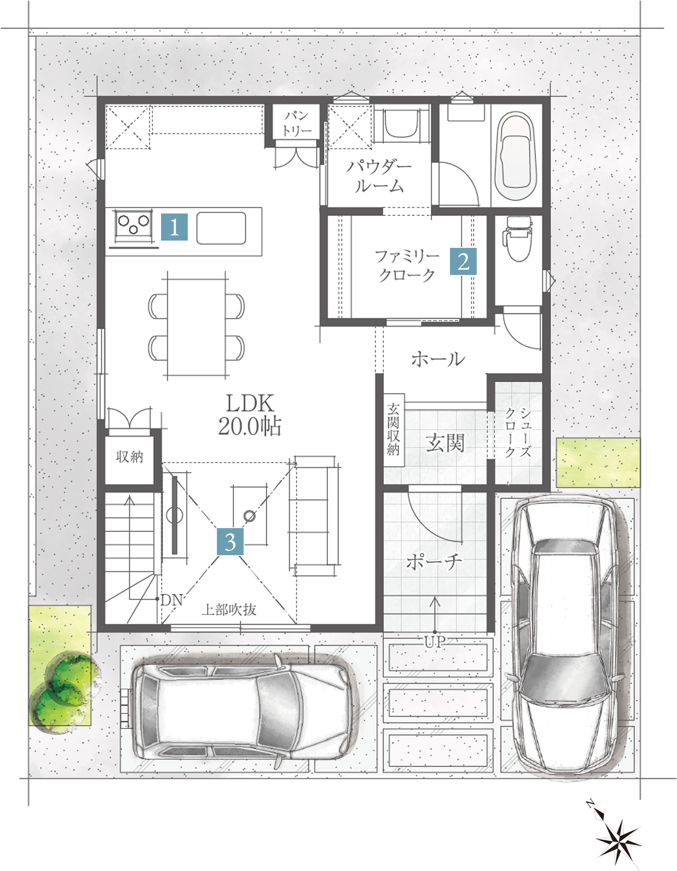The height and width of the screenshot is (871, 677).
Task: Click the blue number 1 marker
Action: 174,227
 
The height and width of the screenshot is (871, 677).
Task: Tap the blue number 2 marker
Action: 463,262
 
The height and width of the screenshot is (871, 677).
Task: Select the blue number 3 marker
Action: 230,541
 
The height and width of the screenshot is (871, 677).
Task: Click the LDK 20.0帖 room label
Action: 250,414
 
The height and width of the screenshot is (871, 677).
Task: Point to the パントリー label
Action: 297,123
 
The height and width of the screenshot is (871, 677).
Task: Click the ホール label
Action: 438,359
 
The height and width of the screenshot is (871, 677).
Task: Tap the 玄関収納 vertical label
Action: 393,429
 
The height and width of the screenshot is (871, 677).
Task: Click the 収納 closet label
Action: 129,457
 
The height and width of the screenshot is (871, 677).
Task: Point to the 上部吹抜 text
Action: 229,610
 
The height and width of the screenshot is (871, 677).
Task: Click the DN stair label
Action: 172,600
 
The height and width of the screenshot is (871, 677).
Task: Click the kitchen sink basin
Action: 221,228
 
